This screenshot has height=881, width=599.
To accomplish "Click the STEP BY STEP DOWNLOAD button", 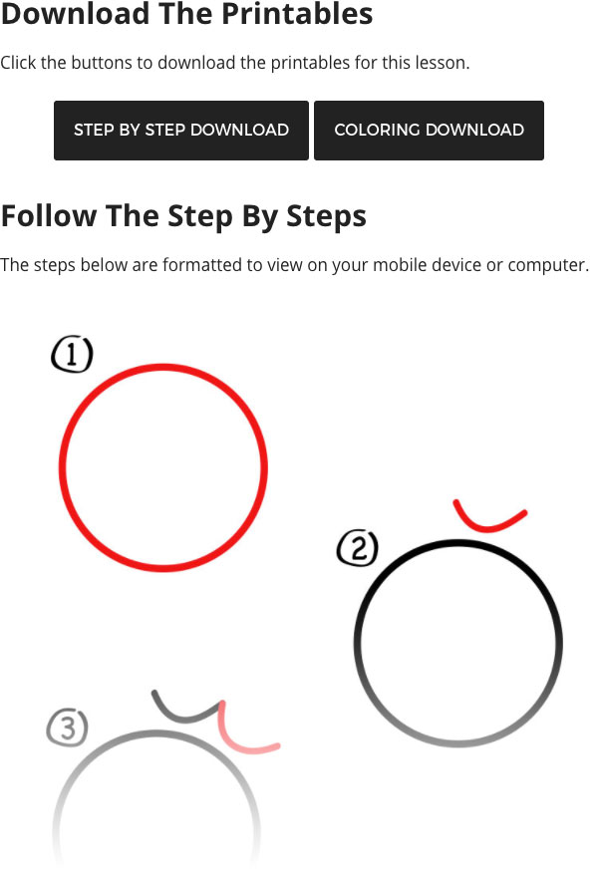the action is pyautogui.click(x=181, y=131).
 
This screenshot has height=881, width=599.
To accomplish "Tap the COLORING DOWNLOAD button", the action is pyautogui.click(x=429, y=131).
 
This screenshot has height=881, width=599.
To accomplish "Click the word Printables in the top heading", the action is pyautogui.click(x=297, y=14).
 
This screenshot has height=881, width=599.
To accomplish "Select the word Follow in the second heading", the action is pyautogui.click(x=49, y=215).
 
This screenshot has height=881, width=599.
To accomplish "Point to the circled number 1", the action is pyautogui.click(x=72, y=355).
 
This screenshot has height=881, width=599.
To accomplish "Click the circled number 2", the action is pyautogui.click(x=358, y=548).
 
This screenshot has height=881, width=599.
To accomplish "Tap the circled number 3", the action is pyautogui.click(x=68, y=728).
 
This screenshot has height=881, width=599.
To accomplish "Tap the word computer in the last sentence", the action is pyautogui.click(x=548, y=265).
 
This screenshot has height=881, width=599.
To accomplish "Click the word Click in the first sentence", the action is pyautogui.click(x=18, y=63).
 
